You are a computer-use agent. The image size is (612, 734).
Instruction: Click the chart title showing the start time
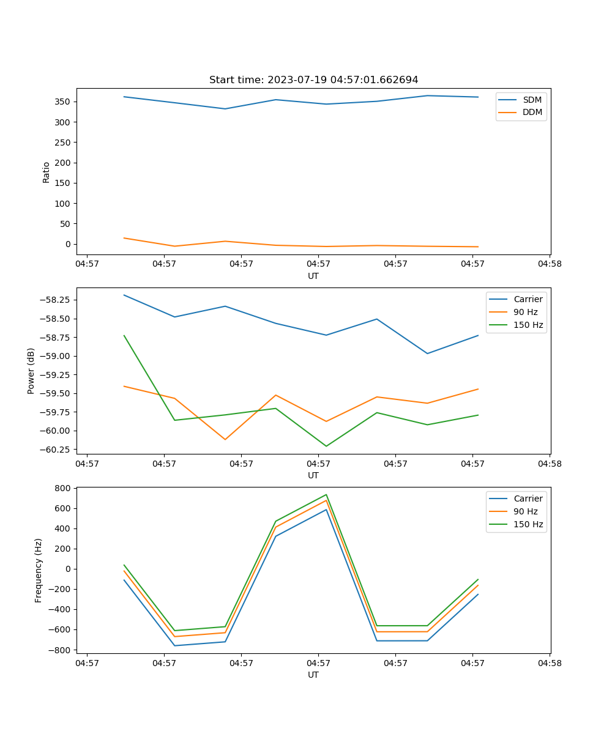(313, 80)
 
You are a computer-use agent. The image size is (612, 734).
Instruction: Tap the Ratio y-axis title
(47, 172)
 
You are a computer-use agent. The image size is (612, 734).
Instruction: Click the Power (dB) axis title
(31, 371)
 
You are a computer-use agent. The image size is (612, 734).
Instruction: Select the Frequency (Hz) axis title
(39, 570)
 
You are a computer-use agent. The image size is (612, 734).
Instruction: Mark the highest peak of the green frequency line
(326, 495)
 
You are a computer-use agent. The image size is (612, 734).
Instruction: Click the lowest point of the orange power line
(225, 439)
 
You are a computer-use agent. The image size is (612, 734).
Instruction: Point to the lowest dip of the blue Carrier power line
(427, 354)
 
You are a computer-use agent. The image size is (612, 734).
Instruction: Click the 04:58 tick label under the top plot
(550, 265)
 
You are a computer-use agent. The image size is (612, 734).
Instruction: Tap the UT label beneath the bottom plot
(313, 675)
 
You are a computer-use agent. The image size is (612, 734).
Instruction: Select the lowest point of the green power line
(326, 446)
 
